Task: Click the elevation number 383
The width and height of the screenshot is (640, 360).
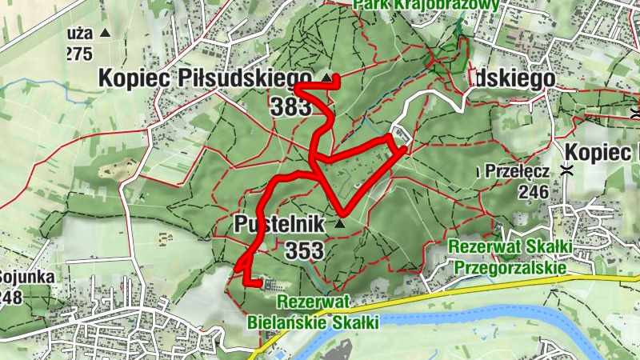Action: [290, 106]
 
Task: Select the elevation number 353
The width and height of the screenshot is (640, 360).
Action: [305, 250]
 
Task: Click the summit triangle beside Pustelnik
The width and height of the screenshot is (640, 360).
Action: [340, 224]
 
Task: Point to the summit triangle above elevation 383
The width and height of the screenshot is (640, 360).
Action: [326, 78]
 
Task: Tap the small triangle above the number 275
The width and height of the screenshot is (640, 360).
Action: [105, 34]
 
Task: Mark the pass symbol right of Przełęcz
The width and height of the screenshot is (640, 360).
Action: [567, 170]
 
